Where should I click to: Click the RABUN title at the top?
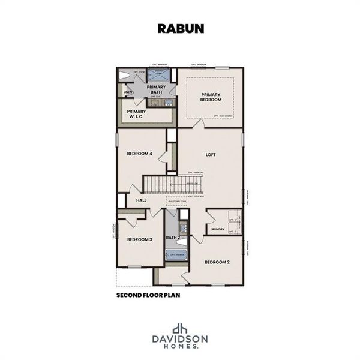(179, 28)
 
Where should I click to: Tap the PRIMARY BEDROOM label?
(211, 96)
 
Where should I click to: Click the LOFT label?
(210, 154)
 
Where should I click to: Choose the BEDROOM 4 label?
(139, 154)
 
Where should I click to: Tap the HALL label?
(141, 200)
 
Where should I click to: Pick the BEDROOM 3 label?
(139, 239)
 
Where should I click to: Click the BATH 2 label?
(174, 238)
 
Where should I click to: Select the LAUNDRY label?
(218, 229)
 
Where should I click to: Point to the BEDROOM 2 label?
(217, 262)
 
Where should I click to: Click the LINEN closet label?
(127, 92)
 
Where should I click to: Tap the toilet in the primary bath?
(124, 76)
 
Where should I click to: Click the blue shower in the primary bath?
(159, 75)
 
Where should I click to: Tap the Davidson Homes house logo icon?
(179, 328)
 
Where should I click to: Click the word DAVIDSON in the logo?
(179, 340)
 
